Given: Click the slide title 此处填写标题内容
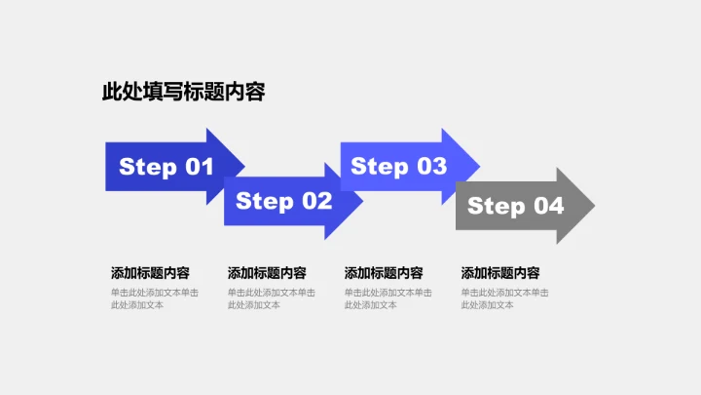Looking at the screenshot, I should pyautogui.click(x=183, y=93).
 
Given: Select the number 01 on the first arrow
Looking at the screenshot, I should pyautogui.click(x=194, y=167).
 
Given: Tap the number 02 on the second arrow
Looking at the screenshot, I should pyautogui.click(x=313, y=202).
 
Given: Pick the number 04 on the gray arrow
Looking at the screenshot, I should pyautogui.click(x=544, y=206).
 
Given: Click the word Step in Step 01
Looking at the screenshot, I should pyautogui.click(x=148, y=167).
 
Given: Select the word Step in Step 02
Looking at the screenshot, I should pyautogui.click(x=265, y=202).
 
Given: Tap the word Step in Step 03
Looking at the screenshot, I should pyautogui.click(x=380, y=167).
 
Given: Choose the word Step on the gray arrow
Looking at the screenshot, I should pyautogui.click(x=497, y=206).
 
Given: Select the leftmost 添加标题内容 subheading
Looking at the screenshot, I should pyautogui.click(x=150, y=273).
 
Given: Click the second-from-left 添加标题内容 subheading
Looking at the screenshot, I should pyautogui.click(x=267, y=273).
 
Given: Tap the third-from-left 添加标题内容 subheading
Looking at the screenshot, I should pyautogui.click(x=384, y=273).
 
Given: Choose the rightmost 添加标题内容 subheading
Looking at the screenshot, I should pyautogui.click(x=500, y=273).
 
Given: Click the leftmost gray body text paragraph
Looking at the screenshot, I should pyautogui.click(x=155, y=298).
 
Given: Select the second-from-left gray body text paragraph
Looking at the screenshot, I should pyautogui.click(x=272, y=298).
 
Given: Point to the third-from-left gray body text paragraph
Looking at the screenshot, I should pyautogui.click(x=388, y=298).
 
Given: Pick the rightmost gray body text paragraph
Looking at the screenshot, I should pyautogui.click(x=505, y=298).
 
